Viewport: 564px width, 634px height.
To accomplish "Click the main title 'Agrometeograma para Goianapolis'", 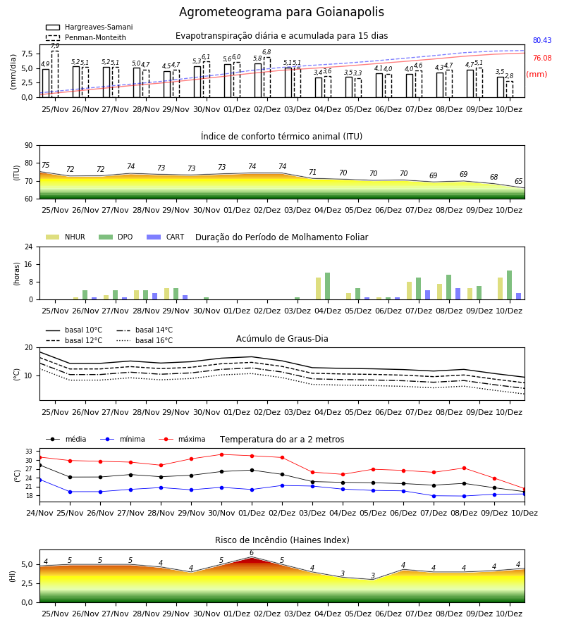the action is click(281, 12).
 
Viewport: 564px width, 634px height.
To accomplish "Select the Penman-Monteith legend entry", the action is click(86, 37).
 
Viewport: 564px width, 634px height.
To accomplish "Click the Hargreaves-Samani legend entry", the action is click(89, 27).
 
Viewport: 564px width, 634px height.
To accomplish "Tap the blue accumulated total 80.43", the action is click(542, 40).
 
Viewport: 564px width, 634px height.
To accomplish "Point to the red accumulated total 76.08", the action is click(542, 58).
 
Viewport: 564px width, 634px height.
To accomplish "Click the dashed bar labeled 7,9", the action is click(55, 74).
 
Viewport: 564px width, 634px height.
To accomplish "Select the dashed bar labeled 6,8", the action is click(267, 77).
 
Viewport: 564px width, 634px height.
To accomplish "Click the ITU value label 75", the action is click(45, 165).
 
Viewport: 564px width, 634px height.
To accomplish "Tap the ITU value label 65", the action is click(518, 181).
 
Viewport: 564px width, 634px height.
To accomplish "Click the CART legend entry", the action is click(165, 237).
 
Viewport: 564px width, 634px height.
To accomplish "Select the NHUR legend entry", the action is click(66, 237).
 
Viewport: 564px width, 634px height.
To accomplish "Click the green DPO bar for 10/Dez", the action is click(510, 285).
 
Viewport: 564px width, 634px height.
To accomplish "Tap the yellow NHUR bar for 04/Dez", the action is click(319, 289).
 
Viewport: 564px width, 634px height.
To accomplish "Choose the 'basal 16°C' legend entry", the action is click(145, 340).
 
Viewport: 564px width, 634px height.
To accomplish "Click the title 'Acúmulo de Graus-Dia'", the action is click(282, 338).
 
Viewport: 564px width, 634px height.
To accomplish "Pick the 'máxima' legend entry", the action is click(182, 439).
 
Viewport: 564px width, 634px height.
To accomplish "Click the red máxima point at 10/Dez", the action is click(525, 490).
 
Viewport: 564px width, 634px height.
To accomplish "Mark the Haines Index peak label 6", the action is click(252, 553).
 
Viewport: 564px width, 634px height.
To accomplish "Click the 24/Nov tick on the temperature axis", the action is click(39, 513).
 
